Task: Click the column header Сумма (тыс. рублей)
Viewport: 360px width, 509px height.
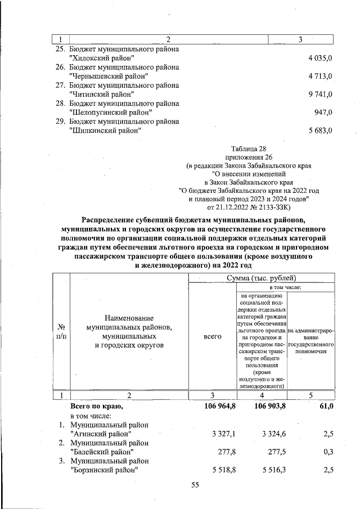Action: (x=263, y=278)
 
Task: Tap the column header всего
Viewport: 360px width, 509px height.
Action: (x=213, y=336)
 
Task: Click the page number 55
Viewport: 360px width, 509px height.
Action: (x=195, y=487)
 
